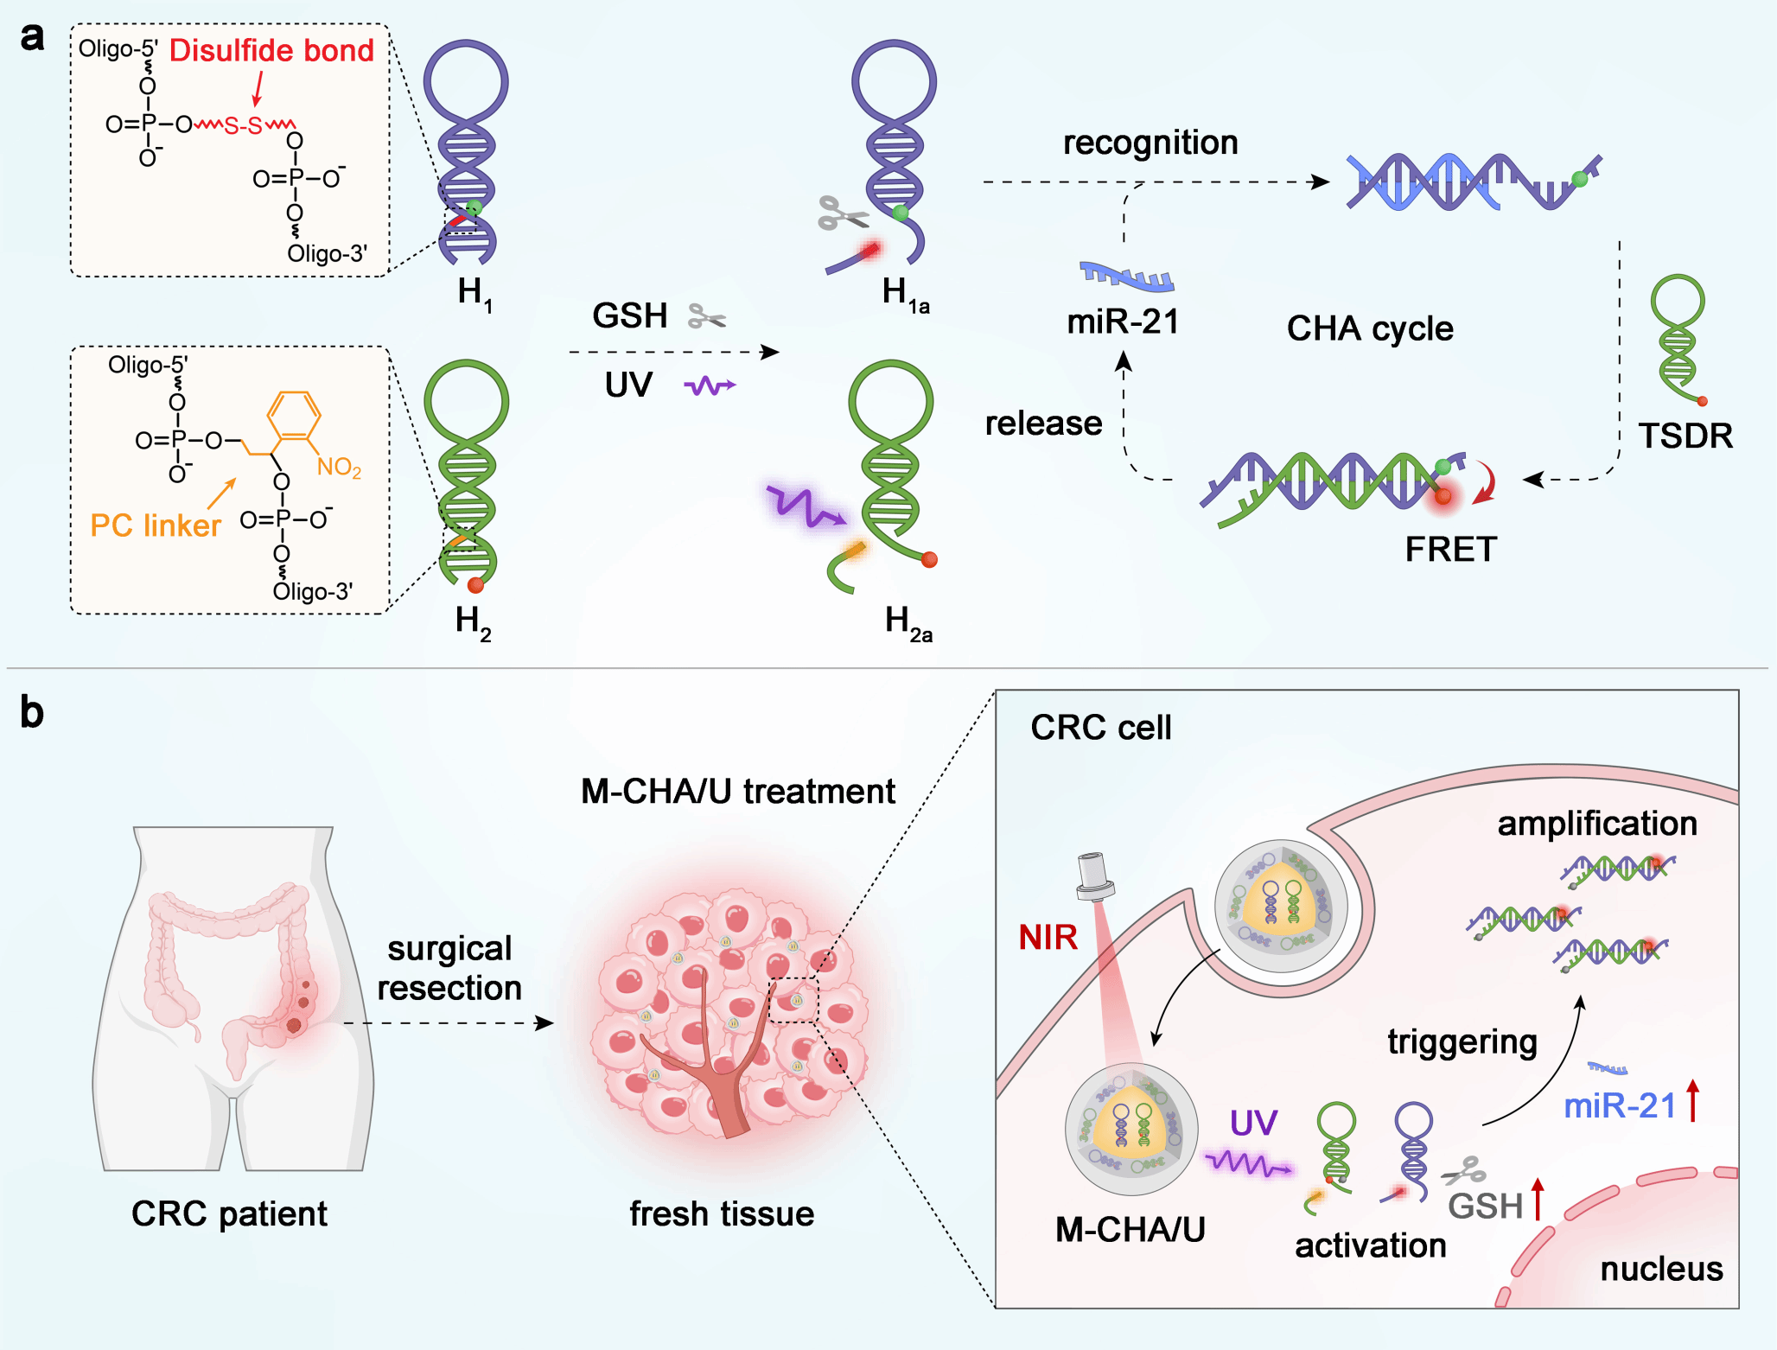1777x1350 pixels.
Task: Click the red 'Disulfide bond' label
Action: [x=271, y=51]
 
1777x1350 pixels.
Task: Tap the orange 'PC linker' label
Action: [x=156, y=525]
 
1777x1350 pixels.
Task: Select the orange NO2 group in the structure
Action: [x=339, y=468]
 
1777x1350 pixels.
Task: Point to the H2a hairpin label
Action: [x=908, y=623]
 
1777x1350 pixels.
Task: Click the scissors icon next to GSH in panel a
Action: [x=707, y=317]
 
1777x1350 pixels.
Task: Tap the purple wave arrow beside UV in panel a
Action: [x=710, y=385]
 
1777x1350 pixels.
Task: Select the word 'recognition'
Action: [x=1150, y=143]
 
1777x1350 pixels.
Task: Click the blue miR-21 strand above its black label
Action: [x=1126, y=276]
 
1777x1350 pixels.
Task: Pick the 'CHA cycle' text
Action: [x=1370, y=328]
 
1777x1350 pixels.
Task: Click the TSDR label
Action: [x=1685, y=436]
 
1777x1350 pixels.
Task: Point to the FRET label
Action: [x=1450, y=550]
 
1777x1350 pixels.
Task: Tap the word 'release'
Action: [x=1043, y=423]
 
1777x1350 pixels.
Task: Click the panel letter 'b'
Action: [x=32, y=713]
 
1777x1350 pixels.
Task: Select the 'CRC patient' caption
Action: [x=229, y=1213]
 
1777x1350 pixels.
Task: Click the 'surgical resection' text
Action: [x=449, y=968]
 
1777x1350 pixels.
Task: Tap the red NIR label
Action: [x=1048, y=937]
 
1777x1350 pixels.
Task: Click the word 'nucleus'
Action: [x=1661, y=1269]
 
